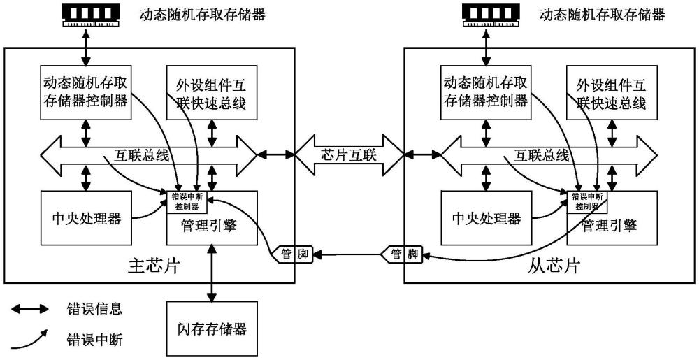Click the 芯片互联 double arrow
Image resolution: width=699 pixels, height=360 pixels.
[349, 154]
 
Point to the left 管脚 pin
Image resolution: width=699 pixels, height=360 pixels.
[294, 253]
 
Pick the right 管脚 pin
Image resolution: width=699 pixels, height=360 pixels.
[403, 253]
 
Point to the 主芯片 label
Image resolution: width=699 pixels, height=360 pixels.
[150, 266]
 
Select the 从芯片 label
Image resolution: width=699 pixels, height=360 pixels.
[549, 266]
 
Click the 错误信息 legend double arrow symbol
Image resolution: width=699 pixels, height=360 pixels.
[29, 309]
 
